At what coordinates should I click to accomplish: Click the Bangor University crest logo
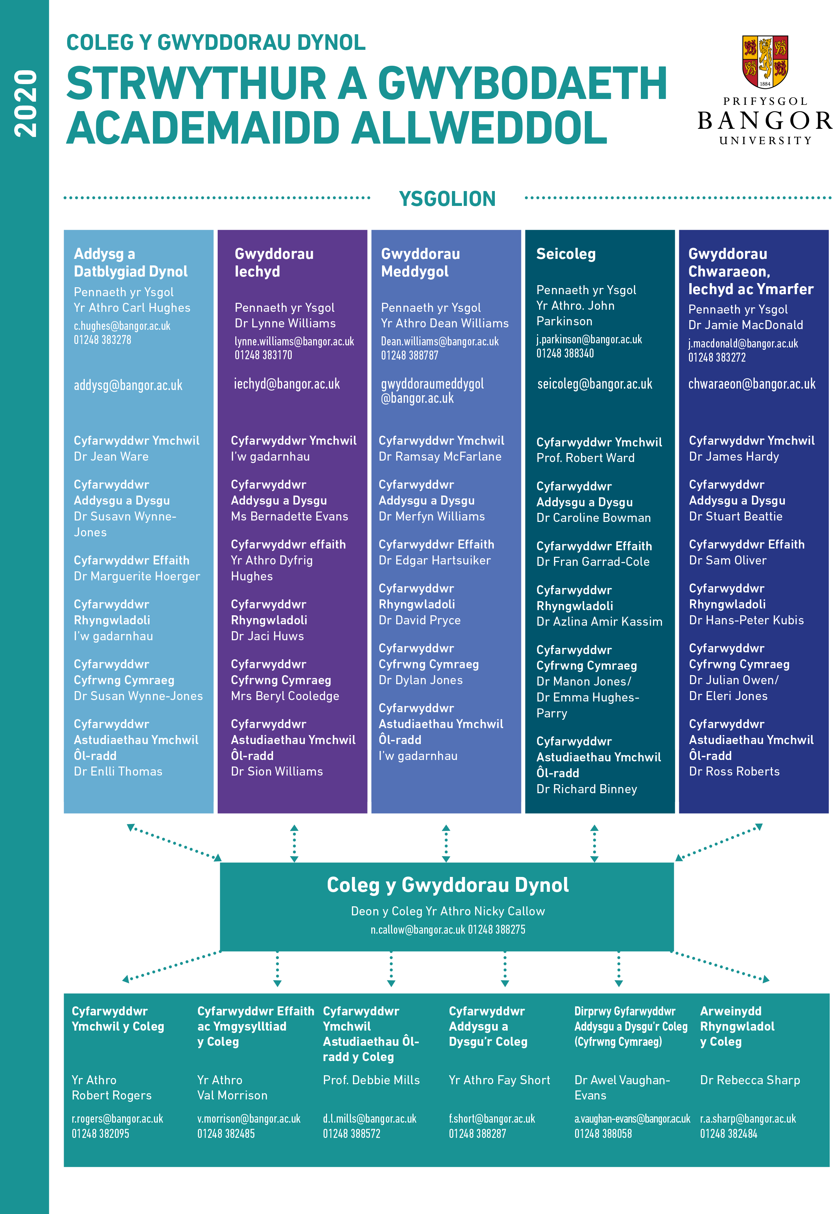click(x=765, y=62)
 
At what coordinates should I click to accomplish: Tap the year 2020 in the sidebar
click(x=26, y=103)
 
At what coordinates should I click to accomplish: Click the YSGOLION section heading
click(x=447, y=199)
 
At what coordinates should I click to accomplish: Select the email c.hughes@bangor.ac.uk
click(x=122, y=326)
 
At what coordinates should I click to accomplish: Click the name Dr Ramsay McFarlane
click(x=440, y=457)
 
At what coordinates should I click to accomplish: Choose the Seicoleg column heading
click(x=566, y=254)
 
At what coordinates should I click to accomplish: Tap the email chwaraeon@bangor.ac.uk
click(x=752, y=384)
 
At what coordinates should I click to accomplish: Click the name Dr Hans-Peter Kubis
click(x=746, y=620)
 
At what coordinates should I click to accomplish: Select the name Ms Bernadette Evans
click(x=289, y=516)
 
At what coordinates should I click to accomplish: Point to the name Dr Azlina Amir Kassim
click(x=599, y=622)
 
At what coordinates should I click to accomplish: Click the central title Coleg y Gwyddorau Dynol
click(x=448, y=885)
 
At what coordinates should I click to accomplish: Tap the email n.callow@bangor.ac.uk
click(x=417, y=930)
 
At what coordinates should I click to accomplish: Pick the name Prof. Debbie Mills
click(x=371, y=1080)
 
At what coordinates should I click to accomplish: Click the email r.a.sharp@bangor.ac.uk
click(x=748, y=1119)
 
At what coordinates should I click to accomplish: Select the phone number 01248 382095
click(x=100, y=1133)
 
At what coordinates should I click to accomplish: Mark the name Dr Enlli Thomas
click(x=118, y=771)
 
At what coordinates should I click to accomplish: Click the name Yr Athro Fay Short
click(x=499, y=1080)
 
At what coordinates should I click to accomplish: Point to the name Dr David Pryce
click(x=420, y=620)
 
